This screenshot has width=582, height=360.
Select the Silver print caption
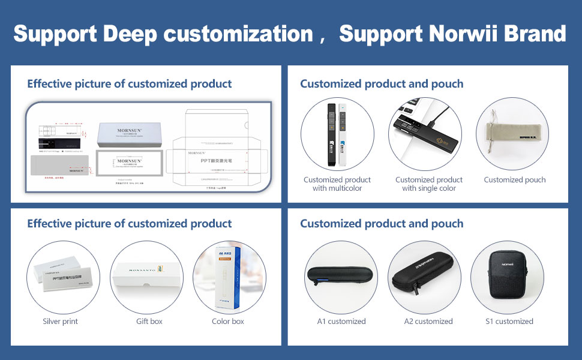coord(60,322)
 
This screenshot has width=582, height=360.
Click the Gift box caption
coord(149,322)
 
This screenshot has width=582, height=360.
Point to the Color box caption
coord(228,322)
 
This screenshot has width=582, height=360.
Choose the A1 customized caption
coord(341,322)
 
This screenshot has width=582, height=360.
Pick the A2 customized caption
coord(428,322)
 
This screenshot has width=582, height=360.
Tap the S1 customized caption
coord(509,322)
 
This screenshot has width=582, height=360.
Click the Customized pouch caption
coord(515,180)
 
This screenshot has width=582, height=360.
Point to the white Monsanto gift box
coord(147,278)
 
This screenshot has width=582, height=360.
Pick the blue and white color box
coord(229,277)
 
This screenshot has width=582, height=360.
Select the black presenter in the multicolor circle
coord(331,135)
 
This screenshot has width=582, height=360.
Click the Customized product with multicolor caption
coord(337,184)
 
